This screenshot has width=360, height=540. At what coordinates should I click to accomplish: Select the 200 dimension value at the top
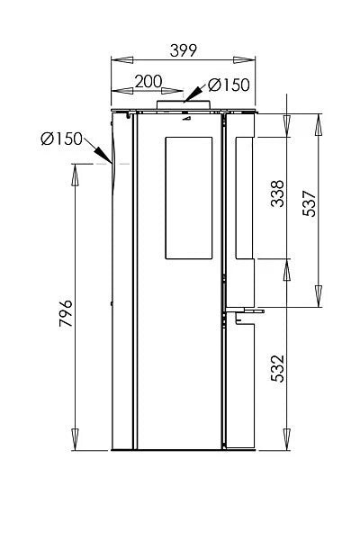148,82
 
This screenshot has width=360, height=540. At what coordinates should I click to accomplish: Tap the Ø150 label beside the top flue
229,85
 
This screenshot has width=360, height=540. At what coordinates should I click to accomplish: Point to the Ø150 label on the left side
61,139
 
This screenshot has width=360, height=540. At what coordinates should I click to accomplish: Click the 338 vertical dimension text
278,195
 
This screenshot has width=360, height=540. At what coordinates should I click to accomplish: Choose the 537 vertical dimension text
310,206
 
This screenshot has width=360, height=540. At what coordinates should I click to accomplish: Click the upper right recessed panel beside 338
244,195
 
